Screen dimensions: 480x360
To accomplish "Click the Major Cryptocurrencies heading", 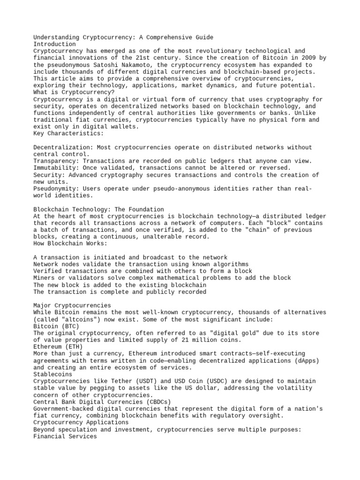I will pos(72,306).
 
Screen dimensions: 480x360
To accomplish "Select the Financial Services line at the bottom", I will pos(65,436).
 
